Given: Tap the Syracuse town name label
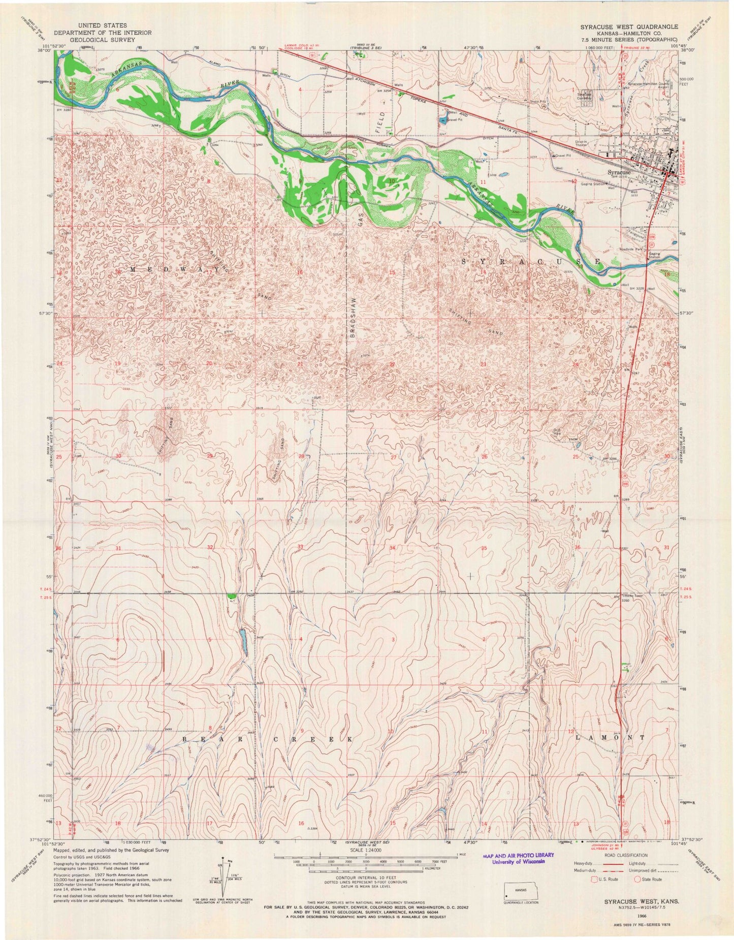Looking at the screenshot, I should pos(619,172).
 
